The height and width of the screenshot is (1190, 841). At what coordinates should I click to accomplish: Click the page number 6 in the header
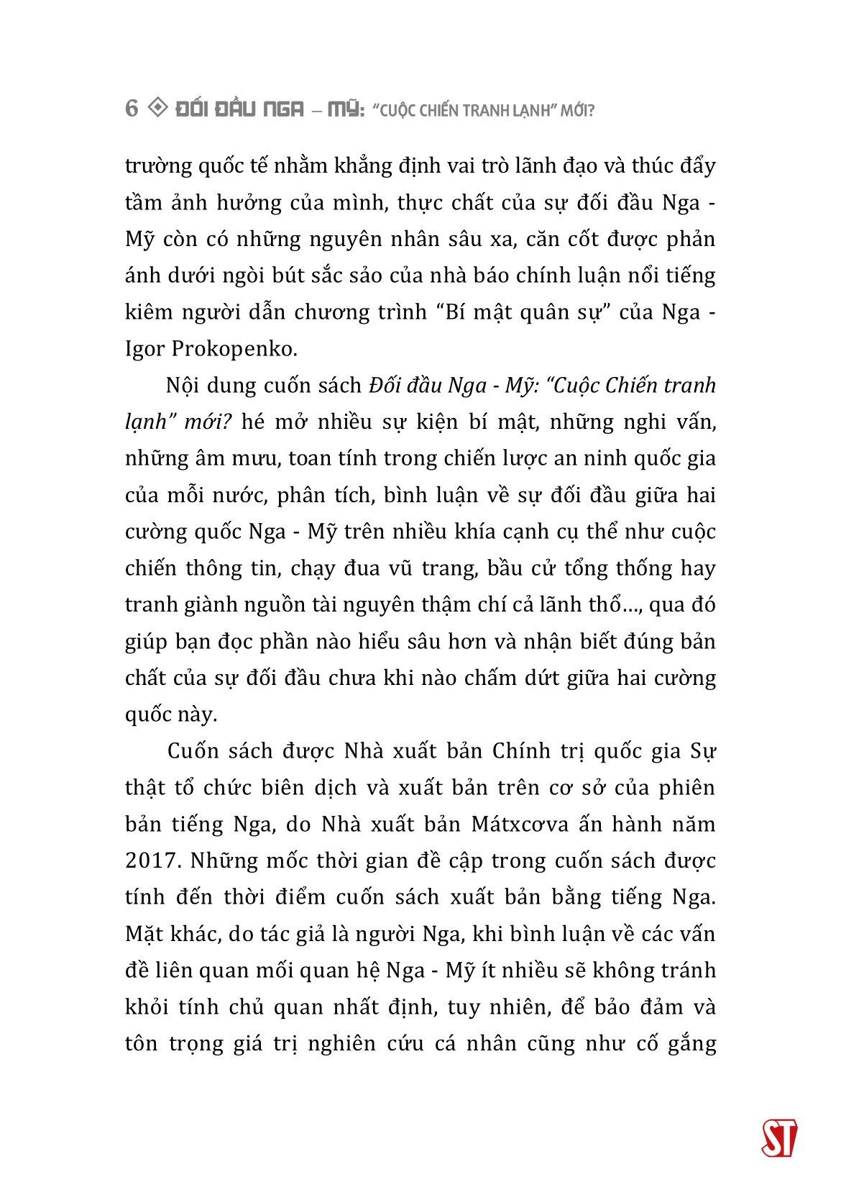(x=131, y=109)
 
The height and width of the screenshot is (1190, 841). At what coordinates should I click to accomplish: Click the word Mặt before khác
(x=145, y=934)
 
